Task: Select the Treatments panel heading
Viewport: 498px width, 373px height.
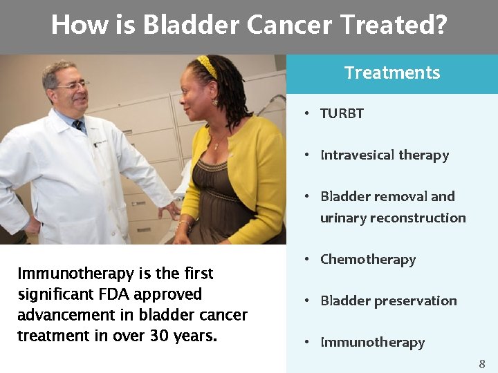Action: [391, 73]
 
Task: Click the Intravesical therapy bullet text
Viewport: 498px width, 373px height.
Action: [385, 155]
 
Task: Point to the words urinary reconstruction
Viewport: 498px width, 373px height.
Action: [393, 218]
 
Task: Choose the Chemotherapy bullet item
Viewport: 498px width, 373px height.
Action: [368, 260]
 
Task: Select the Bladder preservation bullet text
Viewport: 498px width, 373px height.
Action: [388, 301]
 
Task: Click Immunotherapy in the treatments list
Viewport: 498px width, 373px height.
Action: [372, 343]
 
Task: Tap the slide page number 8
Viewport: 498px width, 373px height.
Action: [482, 363]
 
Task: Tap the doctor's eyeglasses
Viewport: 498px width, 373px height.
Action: [73, 86]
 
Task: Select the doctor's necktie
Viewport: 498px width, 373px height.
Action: [79, 127]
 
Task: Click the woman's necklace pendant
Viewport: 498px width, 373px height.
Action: [216, 146]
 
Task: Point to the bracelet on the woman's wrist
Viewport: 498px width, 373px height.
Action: [184, 225]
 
